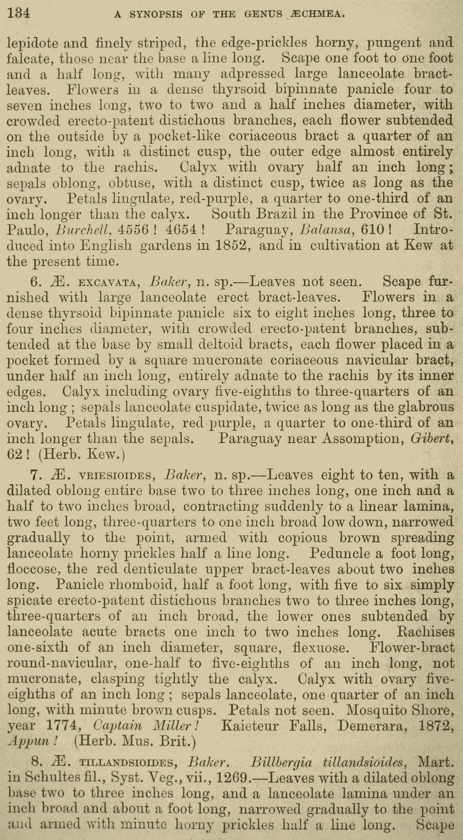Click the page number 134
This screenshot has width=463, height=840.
(x=19, y=12)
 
